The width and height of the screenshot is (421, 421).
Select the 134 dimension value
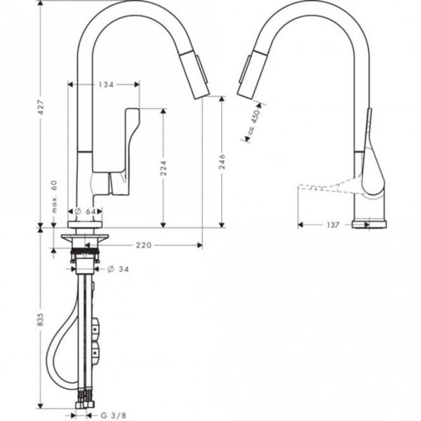[x=106, y=84]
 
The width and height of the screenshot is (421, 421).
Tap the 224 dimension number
[x=162, y=168]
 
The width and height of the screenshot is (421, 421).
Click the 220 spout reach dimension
[x=145, y=245]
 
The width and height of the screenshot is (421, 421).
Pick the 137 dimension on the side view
[x=333, y=225]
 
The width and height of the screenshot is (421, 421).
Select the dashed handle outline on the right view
[x=326, y=187]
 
